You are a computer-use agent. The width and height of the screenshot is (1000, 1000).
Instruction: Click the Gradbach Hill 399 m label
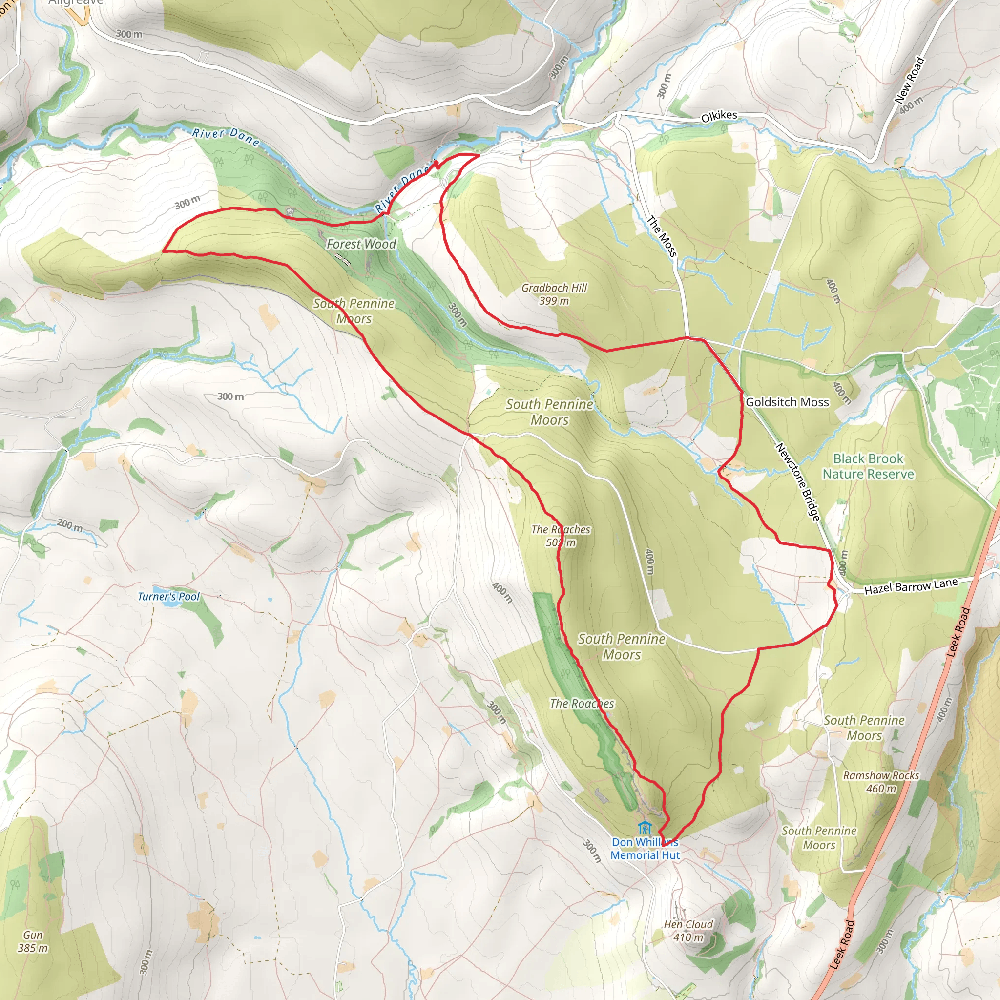click(554, 294)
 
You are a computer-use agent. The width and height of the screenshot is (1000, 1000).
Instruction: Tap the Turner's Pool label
click(168, 596)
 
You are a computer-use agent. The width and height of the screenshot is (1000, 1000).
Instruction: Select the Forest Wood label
click(361, 244)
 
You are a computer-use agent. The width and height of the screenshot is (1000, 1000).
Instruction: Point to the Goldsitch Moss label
click(787, 402)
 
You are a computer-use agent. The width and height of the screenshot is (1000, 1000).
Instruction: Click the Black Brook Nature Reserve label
click(868, 466)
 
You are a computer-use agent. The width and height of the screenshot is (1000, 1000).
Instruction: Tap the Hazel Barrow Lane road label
click(911, 586)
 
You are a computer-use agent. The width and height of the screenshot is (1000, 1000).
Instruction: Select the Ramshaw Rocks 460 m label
click(881, 782)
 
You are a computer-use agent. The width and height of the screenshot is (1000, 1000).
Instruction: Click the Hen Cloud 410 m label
click(688, 931)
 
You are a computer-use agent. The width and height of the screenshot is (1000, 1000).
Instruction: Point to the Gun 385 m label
click(33, 941)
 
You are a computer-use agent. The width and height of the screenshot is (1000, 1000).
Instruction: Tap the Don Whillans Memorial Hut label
click(645, 849)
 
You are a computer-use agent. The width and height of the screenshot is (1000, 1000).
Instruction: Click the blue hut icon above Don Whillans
click(644, 827)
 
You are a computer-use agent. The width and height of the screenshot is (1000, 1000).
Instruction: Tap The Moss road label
click(662, 236)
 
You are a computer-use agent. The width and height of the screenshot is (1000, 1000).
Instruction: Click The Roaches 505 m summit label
click(561, 536)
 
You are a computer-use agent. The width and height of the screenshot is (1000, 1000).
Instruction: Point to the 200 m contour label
click(70, 525)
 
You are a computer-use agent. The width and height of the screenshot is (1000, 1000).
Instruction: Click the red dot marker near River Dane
click(437, 165)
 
